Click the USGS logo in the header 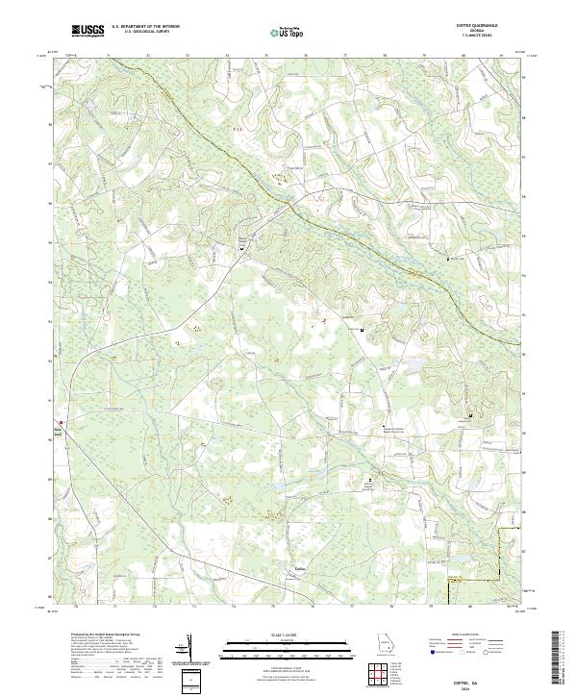click(87, 33)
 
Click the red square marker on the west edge click(61, 421)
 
